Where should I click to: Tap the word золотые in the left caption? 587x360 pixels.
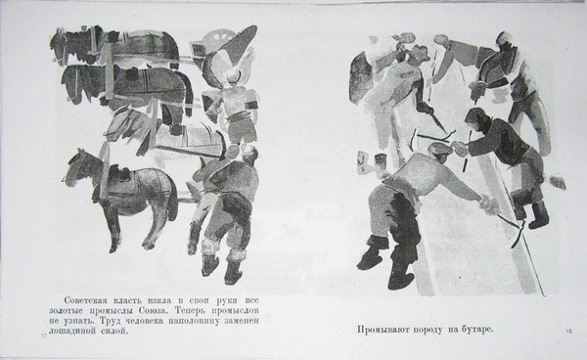click(x=67, y=311)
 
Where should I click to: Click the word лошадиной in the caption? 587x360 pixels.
click(x=71, y=332)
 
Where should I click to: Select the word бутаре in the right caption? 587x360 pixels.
click(x=477, y=330)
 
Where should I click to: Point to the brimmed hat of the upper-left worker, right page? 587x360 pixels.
click(x=420, y=52)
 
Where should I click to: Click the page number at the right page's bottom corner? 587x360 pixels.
click(x=569, y=331)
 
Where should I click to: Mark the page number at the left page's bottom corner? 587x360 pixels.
click(x=43, y=337)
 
